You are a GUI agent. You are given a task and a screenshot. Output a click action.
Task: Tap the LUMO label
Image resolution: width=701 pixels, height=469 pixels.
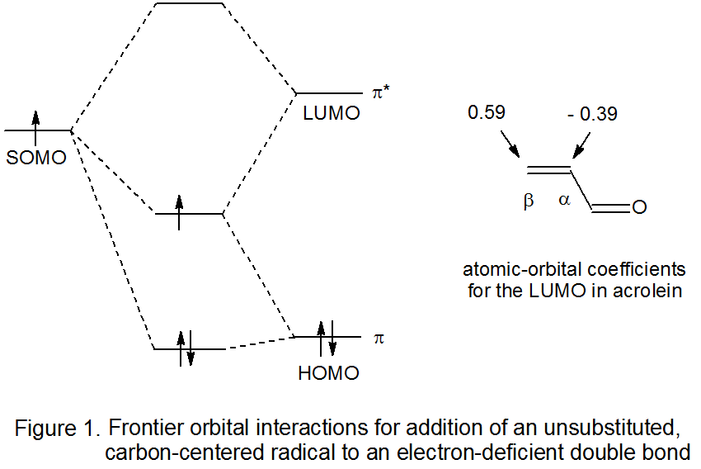pos(332,115)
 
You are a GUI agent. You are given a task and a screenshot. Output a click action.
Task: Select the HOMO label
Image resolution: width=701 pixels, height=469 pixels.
pos(328,373)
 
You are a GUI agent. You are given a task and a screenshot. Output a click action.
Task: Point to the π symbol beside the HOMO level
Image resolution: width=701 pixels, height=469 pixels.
pos(379,338)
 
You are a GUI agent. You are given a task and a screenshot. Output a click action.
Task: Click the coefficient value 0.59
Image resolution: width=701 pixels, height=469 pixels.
pos(487,111)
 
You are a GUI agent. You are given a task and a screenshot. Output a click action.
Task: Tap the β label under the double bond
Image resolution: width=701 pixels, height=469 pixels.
pos(529,201)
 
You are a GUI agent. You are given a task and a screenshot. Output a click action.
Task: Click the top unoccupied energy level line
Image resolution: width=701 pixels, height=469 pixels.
pos(190,3)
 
